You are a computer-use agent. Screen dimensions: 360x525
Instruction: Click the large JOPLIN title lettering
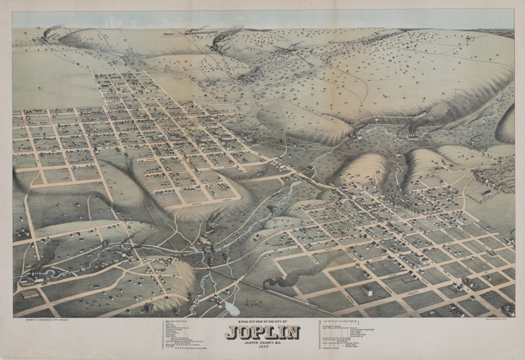click(262, 333)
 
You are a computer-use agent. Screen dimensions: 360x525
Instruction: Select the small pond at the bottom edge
click(231, 307)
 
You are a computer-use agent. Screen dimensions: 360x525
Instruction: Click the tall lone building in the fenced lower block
click(367, 290)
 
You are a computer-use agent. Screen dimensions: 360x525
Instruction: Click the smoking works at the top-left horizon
click(46, 35)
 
